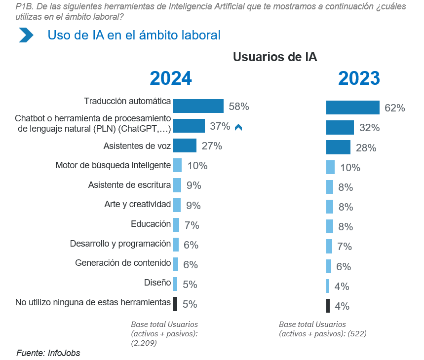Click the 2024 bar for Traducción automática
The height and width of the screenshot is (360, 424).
[x=198, y=106]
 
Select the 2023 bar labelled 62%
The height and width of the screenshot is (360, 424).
[x=352, y=108]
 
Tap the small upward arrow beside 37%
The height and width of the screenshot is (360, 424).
[x=238, y=127]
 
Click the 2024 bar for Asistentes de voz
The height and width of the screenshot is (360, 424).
[x=185, y=145]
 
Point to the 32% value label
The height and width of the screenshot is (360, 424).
[x=369, y=128]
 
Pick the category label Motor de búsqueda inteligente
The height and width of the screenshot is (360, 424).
[x=113, y=165]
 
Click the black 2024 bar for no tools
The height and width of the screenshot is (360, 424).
[x=175, y=304]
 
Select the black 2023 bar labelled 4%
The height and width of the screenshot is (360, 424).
[x=328, y=306]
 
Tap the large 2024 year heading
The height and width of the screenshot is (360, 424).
[x=170, y=79]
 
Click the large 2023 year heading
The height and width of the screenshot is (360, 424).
[x=359, y=79]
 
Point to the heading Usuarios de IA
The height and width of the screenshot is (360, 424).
[x=275, y=57]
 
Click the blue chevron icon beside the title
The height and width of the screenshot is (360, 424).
[x=26, y=36]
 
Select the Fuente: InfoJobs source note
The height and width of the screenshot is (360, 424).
[x=48, y=353]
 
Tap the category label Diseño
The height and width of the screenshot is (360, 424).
[x=157, y=283]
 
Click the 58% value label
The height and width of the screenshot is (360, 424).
[x=238, y=107]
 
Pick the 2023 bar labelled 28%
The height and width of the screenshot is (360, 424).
[x=338, y=147]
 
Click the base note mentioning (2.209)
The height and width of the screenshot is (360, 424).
[x=164, y=333]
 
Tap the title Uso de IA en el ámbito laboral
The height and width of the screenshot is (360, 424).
[x=134, y=36]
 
